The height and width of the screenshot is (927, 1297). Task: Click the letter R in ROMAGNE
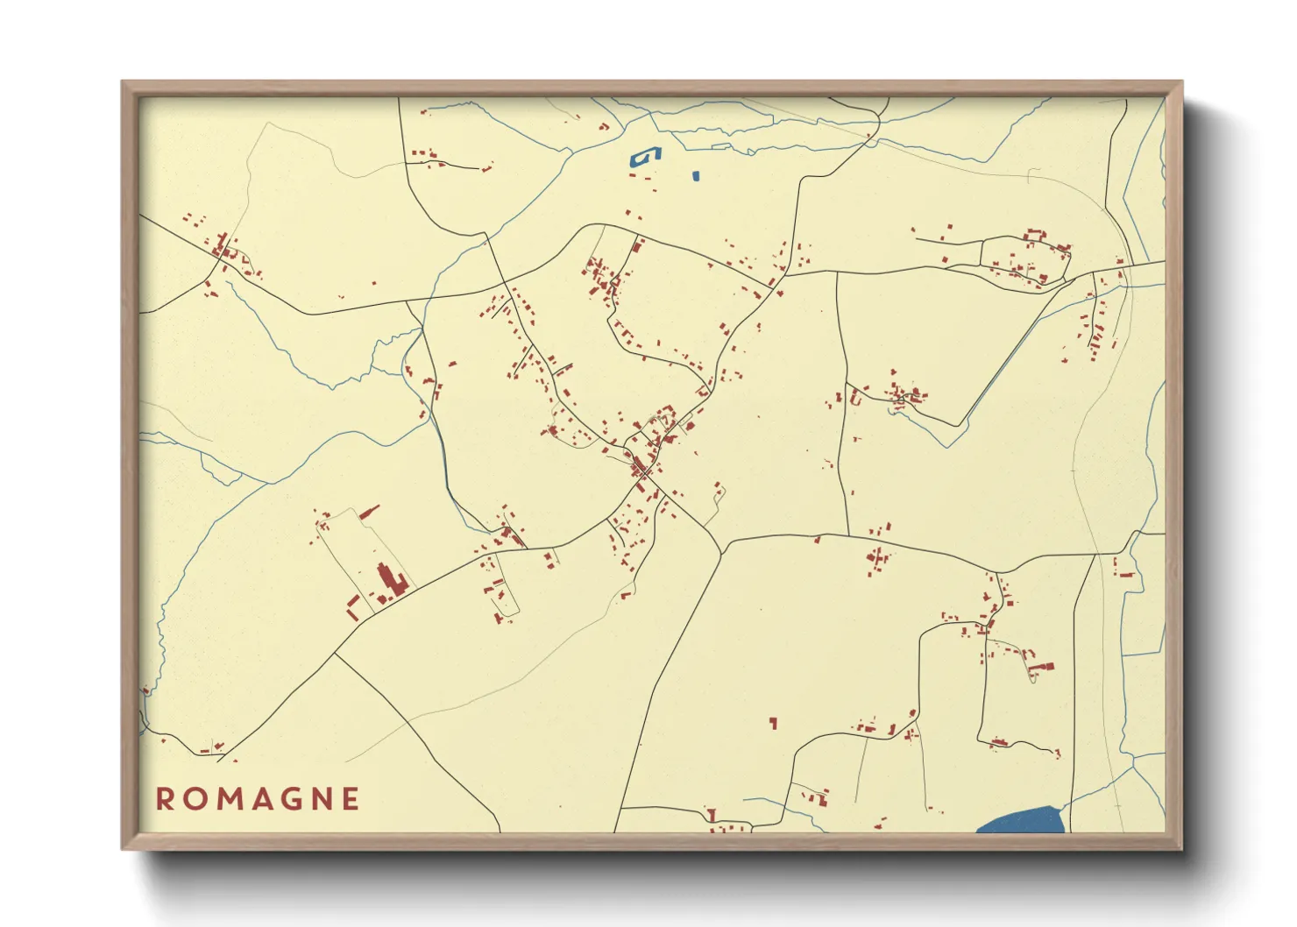click(x=165, y=799)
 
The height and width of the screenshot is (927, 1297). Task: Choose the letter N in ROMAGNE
click(x=322, y=799)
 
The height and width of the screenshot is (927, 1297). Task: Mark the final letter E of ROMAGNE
click(x=351, y=799)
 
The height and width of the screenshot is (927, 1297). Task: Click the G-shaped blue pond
click(x=645, y=156)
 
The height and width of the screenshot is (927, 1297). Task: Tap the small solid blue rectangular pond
click(x=696, y=175)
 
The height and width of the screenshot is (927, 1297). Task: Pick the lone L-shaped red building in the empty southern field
click(x=773, y=723)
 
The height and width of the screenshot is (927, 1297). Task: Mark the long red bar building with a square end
click(x=1042, y=668)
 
